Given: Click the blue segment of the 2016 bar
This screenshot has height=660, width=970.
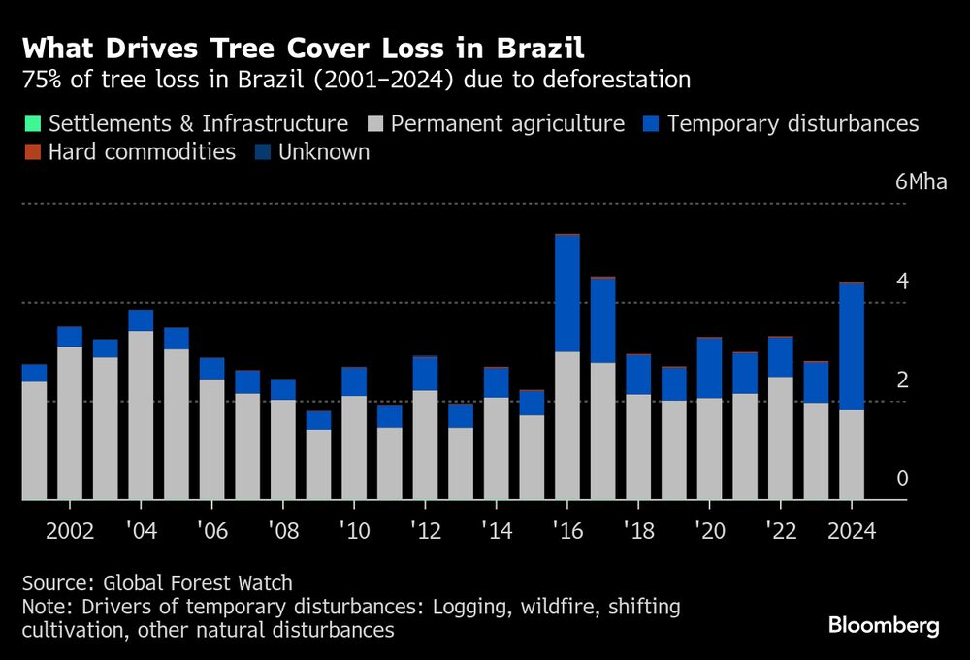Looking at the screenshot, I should click(x=566, y=293).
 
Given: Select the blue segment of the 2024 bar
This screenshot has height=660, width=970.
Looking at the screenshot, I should click(x=851, y=346).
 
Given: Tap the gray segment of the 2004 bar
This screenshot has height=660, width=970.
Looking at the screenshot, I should click(x=141, y=415).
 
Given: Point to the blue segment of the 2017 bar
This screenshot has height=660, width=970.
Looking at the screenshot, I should click(x=602, y=320).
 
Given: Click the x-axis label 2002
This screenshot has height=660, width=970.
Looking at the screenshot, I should click(x=70, y=532).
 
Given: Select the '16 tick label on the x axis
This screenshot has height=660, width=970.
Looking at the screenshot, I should click(x=566, y=532).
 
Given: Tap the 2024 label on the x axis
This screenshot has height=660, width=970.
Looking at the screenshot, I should click(x=851, y=532).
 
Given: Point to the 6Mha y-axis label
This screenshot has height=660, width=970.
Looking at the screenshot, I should click(x=914, y=181).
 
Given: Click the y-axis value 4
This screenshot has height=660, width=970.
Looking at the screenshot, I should click(x=902, y=281).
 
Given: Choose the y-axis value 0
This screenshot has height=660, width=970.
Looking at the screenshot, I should click(x=902, y=478).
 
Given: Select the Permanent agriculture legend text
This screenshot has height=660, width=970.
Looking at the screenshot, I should click(x=508, y=124).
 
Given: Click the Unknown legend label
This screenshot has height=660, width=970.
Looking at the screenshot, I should click(x=324, y=152).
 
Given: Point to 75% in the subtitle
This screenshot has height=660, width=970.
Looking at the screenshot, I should click(x=43, y=80).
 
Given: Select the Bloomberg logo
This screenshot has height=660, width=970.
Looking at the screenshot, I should click(x=884, y=626).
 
